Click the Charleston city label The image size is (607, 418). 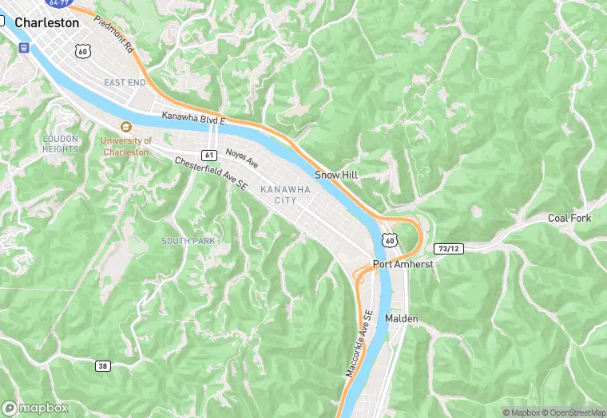point(48,23)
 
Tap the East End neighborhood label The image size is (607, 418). point(125,82)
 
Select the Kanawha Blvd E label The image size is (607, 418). point(194,117)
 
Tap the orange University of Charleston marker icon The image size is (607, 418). point(125,128)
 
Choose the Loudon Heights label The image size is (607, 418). point(61,144)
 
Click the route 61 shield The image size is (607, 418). point(209,154)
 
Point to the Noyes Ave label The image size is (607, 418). point(242,157)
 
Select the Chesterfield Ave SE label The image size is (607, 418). point(212,172)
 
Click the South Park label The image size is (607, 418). point(188,241)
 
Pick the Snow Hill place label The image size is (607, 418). point(333,174)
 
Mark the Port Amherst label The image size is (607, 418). point(403,264)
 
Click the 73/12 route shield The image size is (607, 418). point(449,248)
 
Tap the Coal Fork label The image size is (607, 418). point(569,218)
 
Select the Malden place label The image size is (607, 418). point(402,318)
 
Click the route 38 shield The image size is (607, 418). point(102,366)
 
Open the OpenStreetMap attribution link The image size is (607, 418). point(572,412)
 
